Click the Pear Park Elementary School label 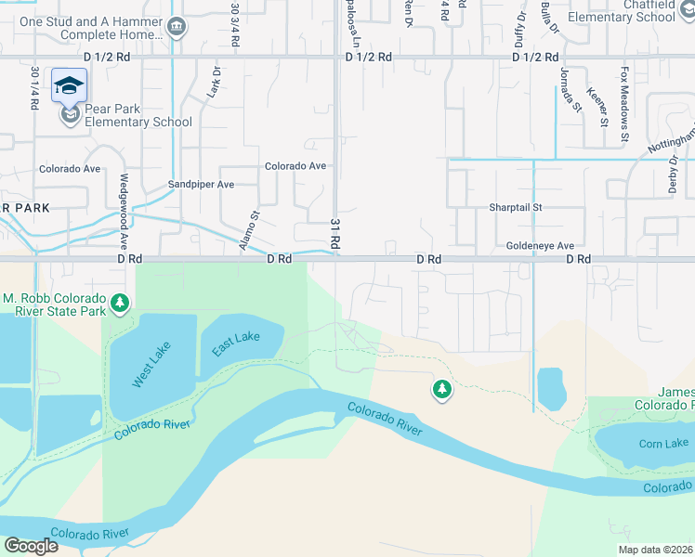pos(138,115)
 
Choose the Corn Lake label pos(663,444)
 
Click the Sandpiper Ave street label pos(201,185)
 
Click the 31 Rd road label pos(334,233)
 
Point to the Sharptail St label pos(515,208)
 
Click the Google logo pos(31,546)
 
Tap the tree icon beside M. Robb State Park pos(120,303)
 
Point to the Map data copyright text pos(656,550)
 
